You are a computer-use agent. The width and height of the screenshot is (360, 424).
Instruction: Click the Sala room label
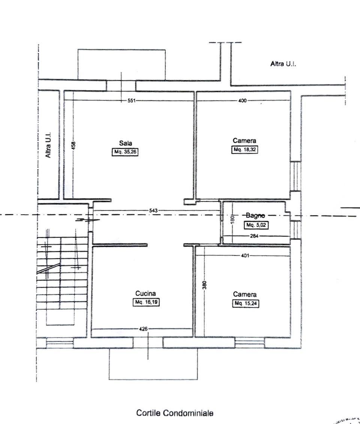coord(125,143)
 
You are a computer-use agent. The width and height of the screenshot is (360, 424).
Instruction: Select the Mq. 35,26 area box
coord(125,152)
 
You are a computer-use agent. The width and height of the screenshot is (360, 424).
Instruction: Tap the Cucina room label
coord(145,293)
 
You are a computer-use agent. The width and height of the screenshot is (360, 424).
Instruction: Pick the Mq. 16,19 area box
coord(146,302)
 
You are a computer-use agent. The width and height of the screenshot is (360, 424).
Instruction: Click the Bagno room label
coord(255,215)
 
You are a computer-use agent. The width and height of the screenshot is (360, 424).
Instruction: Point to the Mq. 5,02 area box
coord(256,225)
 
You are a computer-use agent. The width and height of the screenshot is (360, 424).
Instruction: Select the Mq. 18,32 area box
coord(244,149)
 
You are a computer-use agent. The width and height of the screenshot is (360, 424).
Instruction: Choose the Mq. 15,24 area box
coord(246,303)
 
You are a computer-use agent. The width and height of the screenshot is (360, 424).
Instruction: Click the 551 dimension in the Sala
coord(131,101)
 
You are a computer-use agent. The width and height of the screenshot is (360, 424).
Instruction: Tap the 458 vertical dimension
coord(73,145)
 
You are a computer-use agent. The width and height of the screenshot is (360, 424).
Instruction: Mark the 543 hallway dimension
coord(153,211)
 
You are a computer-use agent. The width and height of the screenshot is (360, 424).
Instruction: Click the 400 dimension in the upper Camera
coord(242,101)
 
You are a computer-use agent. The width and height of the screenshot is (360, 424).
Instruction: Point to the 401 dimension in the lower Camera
coord(245,255)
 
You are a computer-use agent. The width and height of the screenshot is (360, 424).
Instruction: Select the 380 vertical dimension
coord(205,285)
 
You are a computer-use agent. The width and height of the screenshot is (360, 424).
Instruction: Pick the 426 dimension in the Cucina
coord(143,329)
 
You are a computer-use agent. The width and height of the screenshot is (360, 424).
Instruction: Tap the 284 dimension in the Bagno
coord(254,236)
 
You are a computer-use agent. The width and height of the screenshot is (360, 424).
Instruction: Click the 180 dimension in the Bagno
coord(232,219)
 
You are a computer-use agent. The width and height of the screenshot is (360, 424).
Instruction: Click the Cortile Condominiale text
coord(175,413)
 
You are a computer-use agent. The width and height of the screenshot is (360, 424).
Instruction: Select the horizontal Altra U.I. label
coord(283,64)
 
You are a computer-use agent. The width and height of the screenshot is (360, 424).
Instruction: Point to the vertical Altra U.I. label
coord(48,145)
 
